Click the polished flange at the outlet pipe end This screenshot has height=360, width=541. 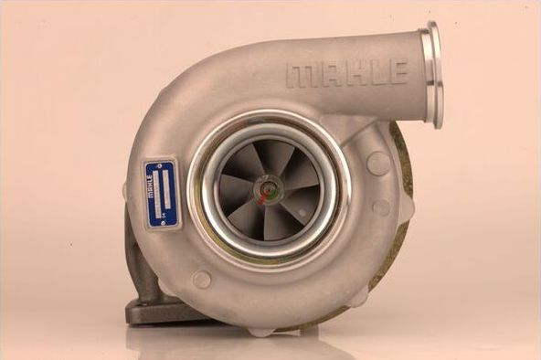click(x=432, y=74)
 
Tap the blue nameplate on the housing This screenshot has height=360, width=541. click(x=160, y=193)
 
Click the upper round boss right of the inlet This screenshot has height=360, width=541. click(x=377, y=163)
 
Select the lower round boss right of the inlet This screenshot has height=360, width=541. click(x=381, y=207)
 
